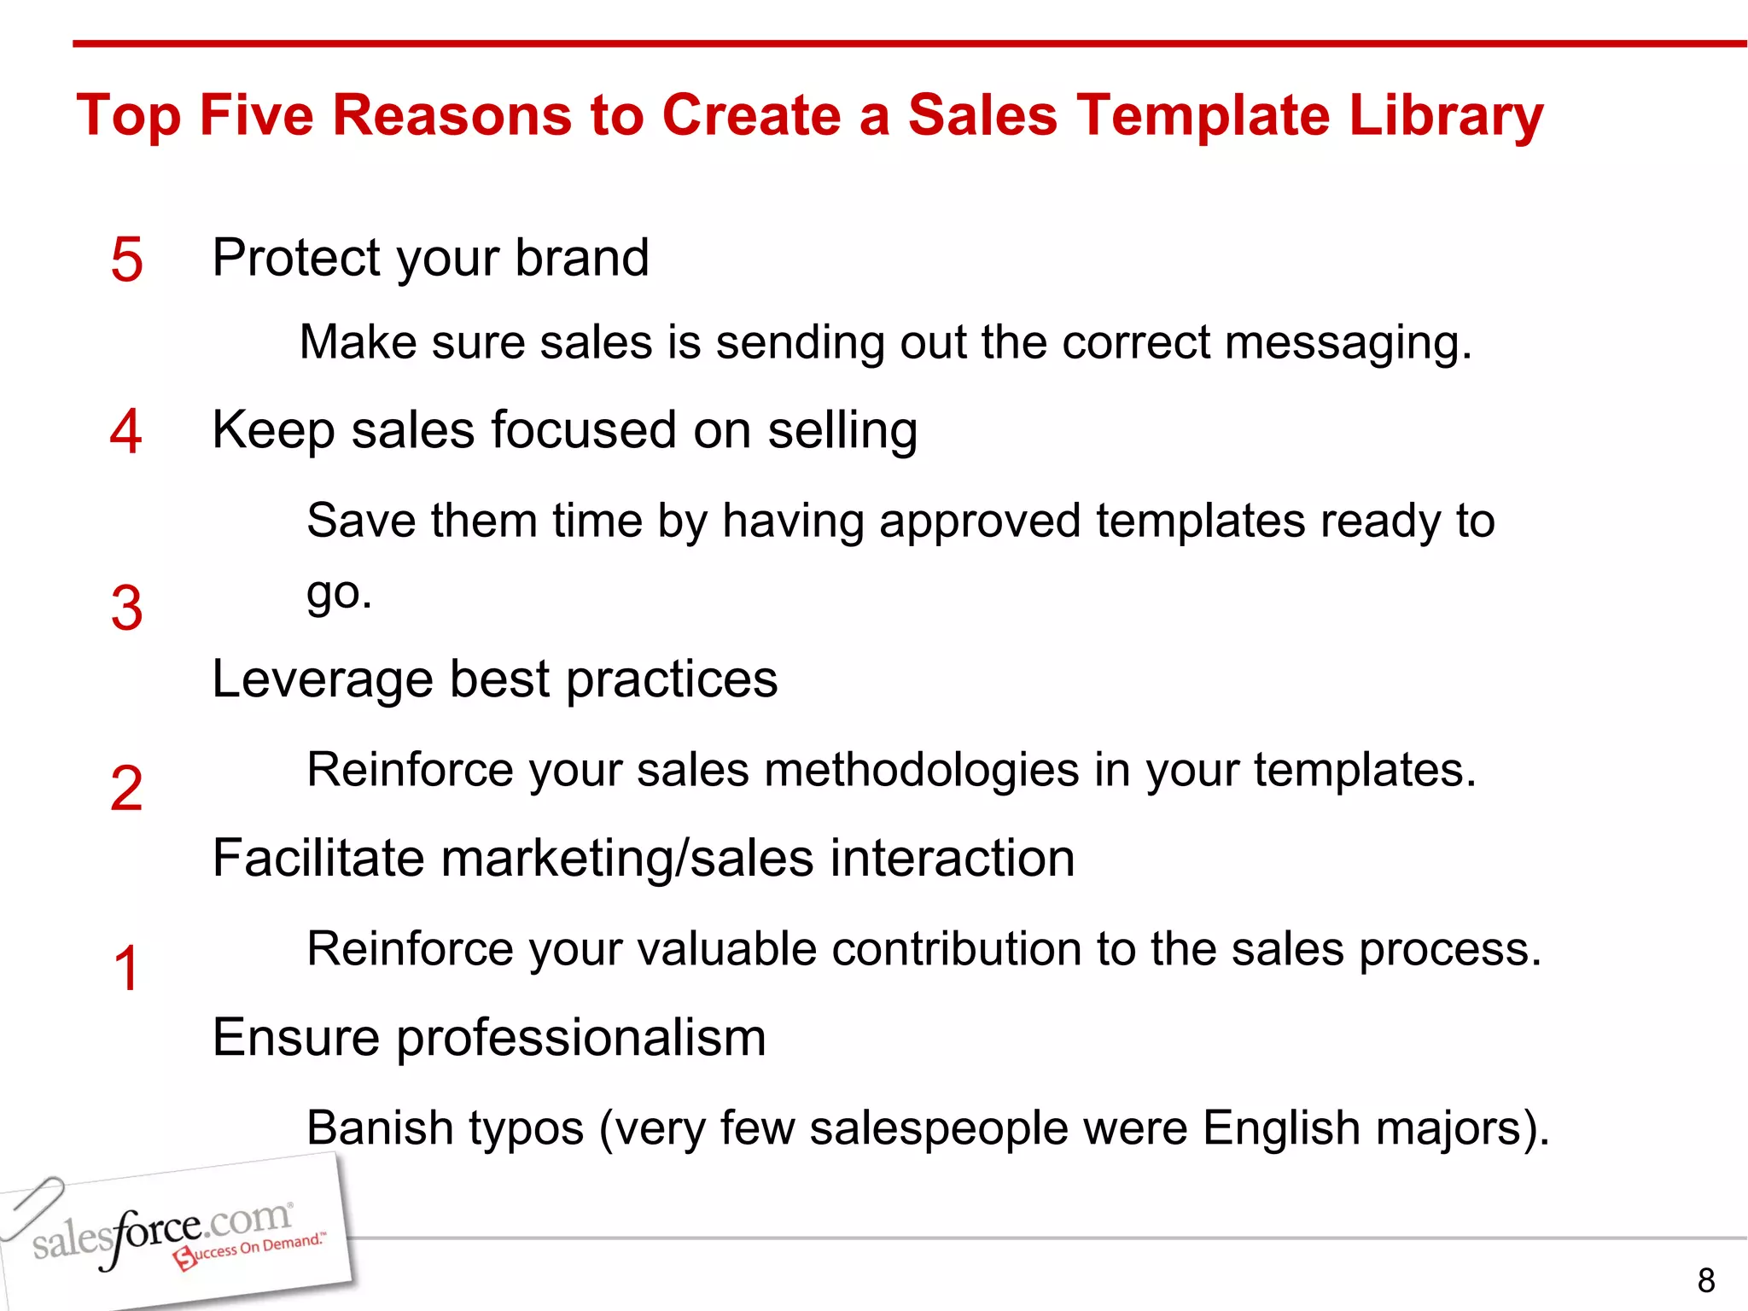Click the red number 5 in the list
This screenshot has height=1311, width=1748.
(x=126, y=259)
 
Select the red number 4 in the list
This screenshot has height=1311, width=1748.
(x=125, y=432)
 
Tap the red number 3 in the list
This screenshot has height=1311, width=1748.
(x=126, y=609)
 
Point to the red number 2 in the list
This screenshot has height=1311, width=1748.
(x=126, y=789)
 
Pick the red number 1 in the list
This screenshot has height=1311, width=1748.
(x=126, y=969)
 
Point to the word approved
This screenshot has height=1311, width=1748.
(x=980, y=521)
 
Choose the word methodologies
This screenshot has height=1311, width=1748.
(x=921, y=770)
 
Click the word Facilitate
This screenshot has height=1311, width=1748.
(x=318, y=858)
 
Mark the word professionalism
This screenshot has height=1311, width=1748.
(x=580, y=1039)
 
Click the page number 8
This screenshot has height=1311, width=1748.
(x=1706, y=1280)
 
